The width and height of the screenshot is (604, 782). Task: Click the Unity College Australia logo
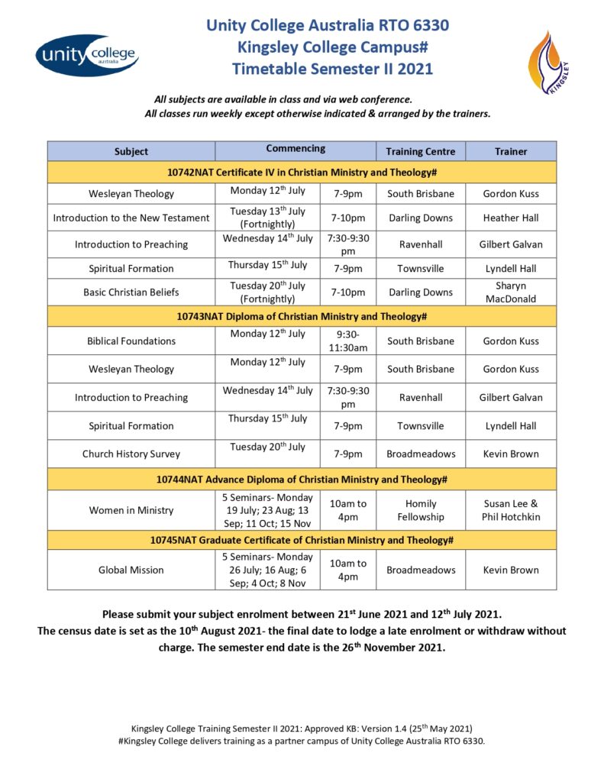tap(86, 54)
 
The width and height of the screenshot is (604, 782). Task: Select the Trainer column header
tap(511, 151)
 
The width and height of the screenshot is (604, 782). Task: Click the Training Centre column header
tap(421, 151)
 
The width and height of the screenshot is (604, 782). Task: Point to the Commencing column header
tap(296, 149)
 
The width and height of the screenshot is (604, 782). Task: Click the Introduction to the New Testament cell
tap(131, 218)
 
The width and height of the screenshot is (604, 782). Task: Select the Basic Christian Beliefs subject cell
tap(131, 292)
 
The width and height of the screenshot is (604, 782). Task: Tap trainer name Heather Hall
tap(511, 218)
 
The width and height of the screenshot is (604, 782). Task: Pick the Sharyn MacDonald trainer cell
tap(511, 292)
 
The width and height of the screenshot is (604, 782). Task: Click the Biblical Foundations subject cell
tap(131, 341)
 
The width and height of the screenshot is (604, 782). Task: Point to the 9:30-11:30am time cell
tap(347, 341)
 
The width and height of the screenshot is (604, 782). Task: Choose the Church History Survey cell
tap(131, 454)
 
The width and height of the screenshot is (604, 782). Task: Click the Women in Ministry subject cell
tap(131, 510)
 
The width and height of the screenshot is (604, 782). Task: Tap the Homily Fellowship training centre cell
tap(421, 510)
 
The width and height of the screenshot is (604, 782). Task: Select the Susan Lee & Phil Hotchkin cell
tap(511, 510)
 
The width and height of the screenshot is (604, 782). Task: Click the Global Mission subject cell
tap(131, 570)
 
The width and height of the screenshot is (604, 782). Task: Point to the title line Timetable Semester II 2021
tap(332, 69)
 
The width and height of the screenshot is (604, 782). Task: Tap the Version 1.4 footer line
tap(306, 728)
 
